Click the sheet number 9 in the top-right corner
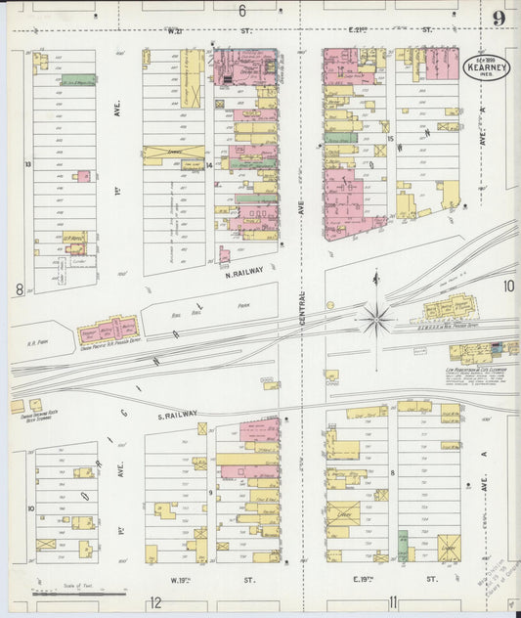[x=499, y=18]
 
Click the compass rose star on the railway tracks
[x=376, y=318]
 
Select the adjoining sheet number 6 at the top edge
[x=240, y=11]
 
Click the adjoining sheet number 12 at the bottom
[x=155, y=602]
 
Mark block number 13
[x=28, y=164]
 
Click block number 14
[x=209, y=165]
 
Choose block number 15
[x=389, y=139]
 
